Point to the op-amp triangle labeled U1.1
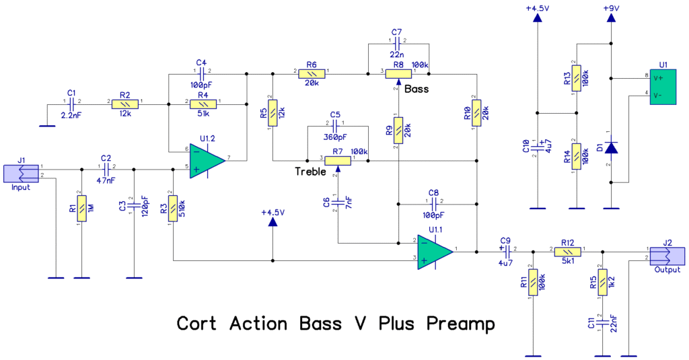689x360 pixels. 434,251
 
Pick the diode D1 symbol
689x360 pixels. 611,147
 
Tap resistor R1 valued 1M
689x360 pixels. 81,209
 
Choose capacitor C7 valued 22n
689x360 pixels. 398,42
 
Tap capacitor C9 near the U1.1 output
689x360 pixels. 506,251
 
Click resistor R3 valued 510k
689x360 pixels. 173,209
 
